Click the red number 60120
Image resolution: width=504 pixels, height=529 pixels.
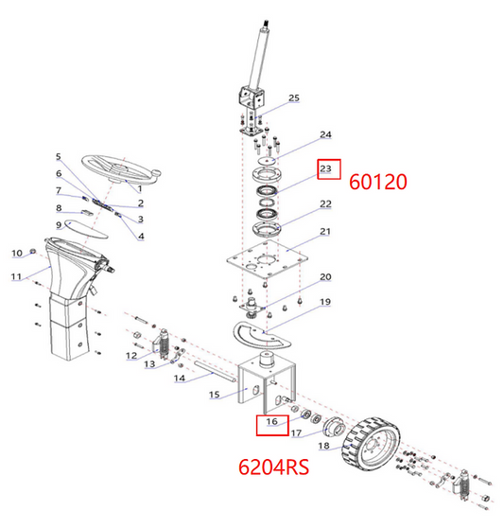point(378,182)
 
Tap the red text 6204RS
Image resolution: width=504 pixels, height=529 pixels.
point(273,467)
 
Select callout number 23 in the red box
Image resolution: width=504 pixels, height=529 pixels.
point(325,168)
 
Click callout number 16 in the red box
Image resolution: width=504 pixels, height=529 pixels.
point(271,421)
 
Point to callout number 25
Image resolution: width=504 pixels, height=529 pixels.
point(294,97)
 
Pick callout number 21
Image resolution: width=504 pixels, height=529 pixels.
point(325,232)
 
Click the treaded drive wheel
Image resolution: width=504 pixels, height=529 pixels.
point(372,441)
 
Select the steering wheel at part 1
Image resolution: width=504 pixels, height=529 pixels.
point(121,169)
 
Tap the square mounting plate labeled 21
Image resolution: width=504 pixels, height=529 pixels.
point(268,259)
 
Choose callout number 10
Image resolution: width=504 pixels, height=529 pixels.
point(17,253)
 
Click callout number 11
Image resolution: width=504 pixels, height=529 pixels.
point(16,276)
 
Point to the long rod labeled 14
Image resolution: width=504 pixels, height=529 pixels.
point(215,372)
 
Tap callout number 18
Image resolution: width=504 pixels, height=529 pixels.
point(324,446)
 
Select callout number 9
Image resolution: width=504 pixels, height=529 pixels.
point(59,224)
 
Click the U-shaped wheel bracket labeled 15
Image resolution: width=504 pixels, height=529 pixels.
point(267,383)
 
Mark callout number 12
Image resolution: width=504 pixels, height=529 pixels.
point(131,356)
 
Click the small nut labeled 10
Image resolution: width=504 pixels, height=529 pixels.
point(33,251)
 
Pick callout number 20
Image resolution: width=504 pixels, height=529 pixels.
point(325,276)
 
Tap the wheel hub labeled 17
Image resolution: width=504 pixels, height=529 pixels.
point(334,428)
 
